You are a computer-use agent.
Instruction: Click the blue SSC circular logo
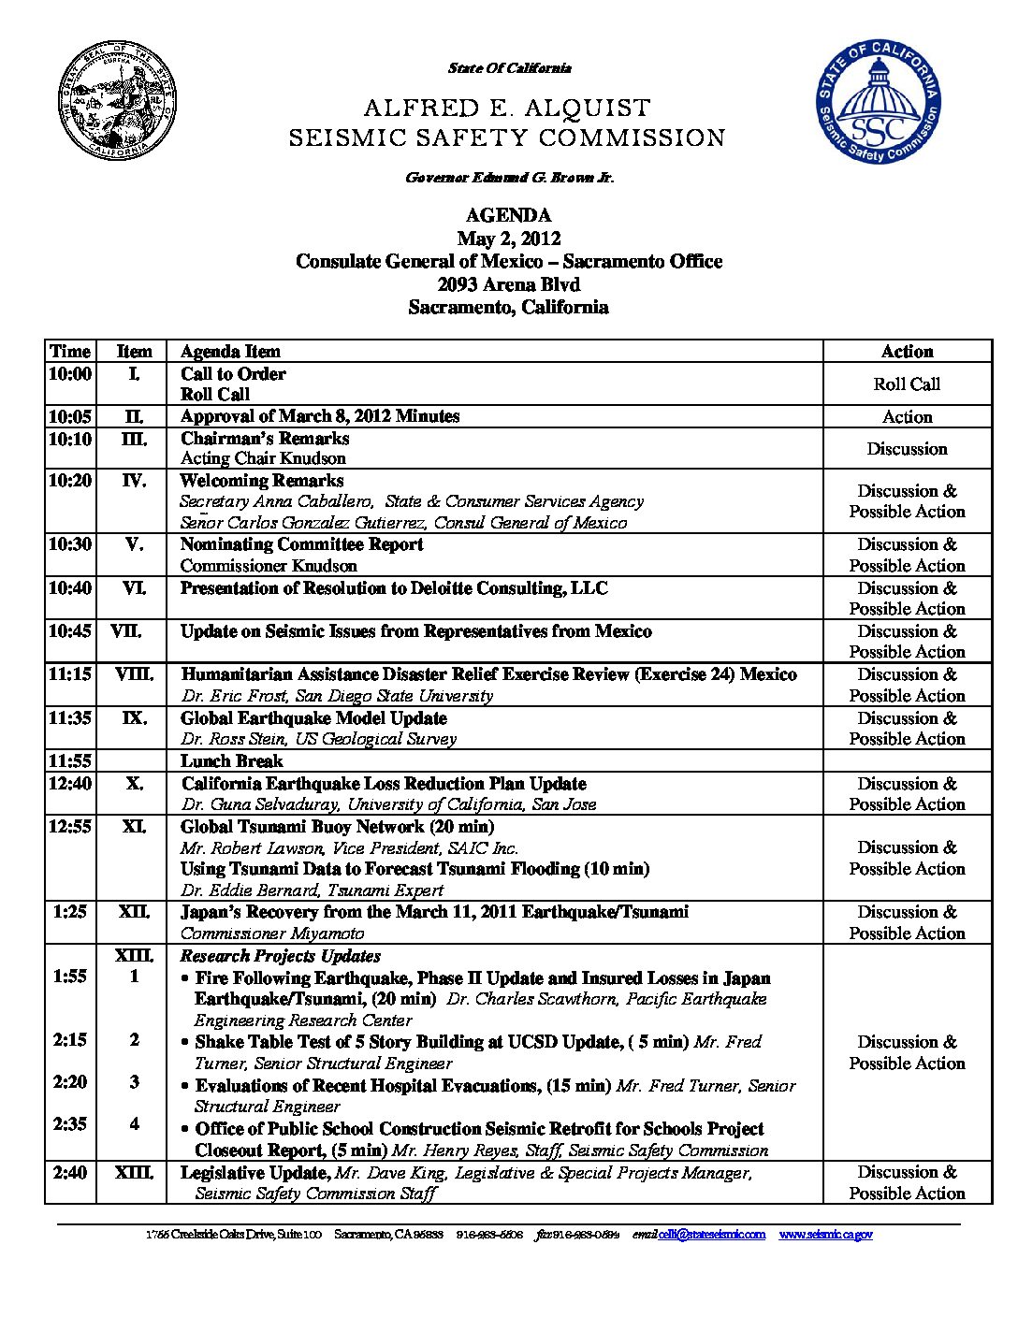click(877, 102)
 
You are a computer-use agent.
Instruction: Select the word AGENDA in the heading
click(508, 216)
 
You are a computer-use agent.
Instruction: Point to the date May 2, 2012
click(508, 239)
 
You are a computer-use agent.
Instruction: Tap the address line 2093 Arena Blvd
click(508, 284)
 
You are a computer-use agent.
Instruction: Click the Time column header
click(70, 352)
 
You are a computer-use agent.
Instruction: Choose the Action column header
click(907, 352)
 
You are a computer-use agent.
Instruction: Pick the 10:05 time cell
click(70, 416)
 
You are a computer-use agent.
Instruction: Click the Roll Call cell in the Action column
click(907, 384)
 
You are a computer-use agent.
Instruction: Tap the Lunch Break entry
click(232, 761)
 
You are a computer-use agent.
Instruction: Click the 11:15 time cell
click(70, 674)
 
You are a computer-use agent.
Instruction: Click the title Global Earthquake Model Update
click(313, 718)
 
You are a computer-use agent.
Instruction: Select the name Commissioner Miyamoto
click(271, 933)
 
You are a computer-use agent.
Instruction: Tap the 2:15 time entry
click(70, 1040)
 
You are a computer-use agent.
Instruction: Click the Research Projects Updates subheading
click(281, 956)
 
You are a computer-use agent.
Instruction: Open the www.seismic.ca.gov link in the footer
click(825, 1235)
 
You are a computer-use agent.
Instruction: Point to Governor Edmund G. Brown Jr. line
click(510, 178)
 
